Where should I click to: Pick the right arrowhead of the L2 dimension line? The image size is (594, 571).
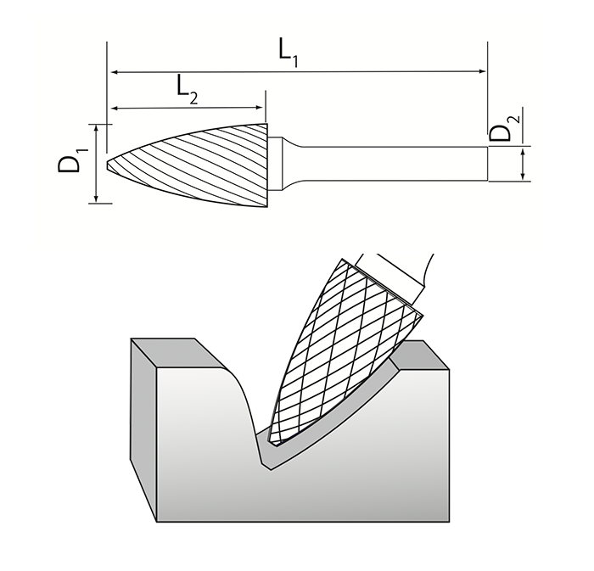[x=261, y=108]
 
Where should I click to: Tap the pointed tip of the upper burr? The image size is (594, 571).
[x=109, y=162]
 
